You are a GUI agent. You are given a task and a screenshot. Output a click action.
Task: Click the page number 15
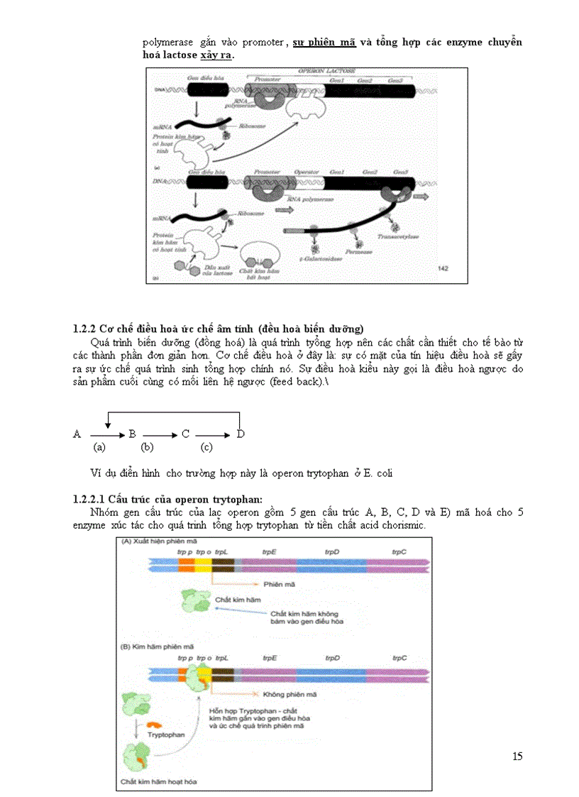click(517, 757)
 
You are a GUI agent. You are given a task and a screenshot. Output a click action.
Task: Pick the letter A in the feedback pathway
click(77, 434)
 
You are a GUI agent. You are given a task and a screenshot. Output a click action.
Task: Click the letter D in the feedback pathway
click(241, 434)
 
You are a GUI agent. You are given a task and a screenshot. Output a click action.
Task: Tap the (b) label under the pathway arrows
click(147, 448)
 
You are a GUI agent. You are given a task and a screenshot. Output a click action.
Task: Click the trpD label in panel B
click(332, 658)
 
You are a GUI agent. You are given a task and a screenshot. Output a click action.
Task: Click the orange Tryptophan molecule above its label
click(155, 725)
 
